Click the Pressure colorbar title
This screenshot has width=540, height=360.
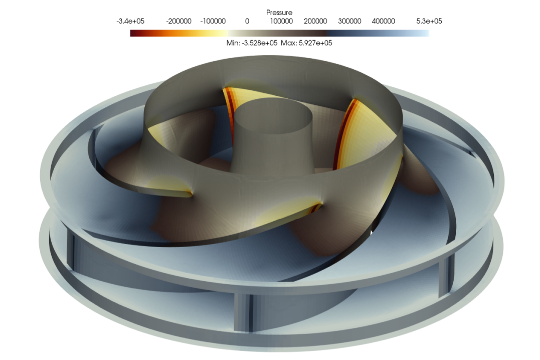279,13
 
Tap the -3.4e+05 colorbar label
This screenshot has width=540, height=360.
130,21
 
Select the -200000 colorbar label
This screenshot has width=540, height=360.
178,21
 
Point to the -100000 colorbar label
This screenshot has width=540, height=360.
213,21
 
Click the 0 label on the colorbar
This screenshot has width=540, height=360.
247,21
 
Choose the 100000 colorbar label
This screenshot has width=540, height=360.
281,21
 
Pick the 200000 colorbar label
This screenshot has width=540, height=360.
315,21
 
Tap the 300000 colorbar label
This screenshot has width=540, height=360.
349,21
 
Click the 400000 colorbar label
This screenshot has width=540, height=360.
383,21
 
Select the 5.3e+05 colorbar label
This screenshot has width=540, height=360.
429,21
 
